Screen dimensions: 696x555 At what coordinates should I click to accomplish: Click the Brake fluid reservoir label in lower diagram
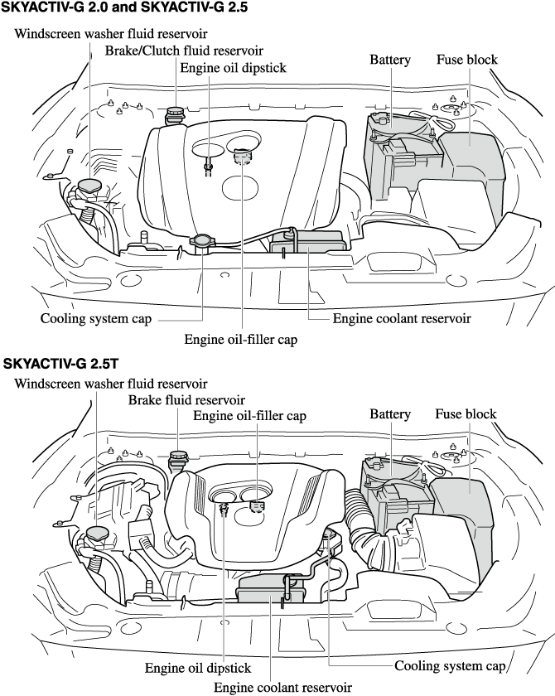[186, 400]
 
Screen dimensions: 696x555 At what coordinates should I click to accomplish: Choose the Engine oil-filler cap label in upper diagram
[240, 339]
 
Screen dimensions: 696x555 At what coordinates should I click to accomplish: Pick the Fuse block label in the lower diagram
[466, 413]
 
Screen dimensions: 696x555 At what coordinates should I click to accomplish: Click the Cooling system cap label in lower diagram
[450, 665]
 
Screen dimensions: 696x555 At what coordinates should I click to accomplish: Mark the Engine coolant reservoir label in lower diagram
[282, 687]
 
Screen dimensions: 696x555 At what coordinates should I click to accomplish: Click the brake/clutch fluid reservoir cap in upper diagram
[176, 112]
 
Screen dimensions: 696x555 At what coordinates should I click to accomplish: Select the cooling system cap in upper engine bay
[204, 242]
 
